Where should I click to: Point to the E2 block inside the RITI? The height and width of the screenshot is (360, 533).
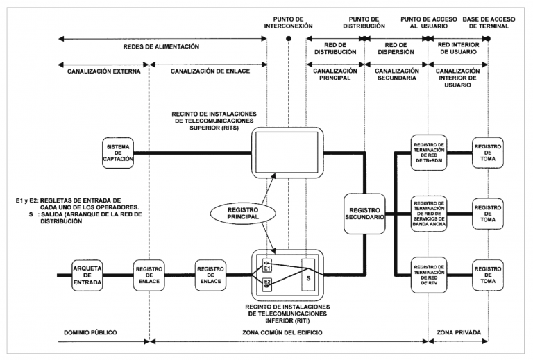pyautogui.click(x=267, y=283)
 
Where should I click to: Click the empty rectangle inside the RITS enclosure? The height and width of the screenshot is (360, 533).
pyautogui.click(x=287, y=148)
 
